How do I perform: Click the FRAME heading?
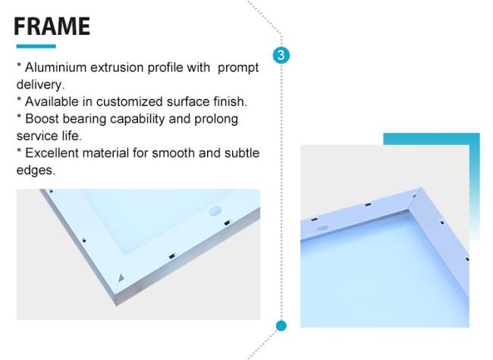(52, 26)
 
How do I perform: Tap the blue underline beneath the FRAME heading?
(36, 46)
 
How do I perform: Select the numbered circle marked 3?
(281, 55)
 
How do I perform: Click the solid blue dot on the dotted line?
(281, 326)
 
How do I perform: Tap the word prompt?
(238, 68)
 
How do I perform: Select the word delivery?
(40, 85)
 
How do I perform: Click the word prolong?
(216, 120)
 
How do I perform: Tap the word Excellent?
(52, 153)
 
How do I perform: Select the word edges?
(36, 171)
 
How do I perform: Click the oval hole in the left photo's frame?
(215, 211)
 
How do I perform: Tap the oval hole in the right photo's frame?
(322, 228)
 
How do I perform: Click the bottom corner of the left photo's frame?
(116, 304)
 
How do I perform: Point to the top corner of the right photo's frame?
(421, 188)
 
